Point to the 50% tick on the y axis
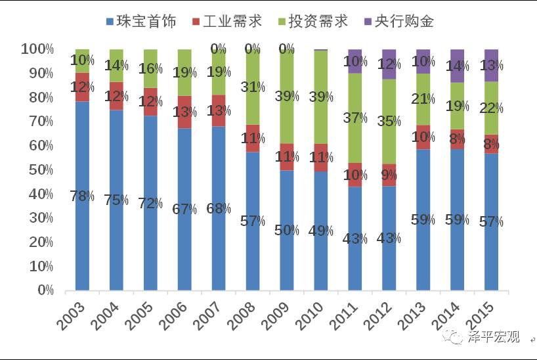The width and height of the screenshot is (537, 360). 37,169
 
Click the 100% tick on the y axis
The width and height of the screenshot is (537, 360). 34,49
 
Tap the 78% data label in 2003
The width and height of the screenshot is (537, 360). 82,196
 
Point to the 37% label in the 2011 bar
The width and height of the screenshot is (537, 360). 355,118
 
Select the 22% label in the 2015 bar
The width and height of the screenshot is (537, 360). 492,109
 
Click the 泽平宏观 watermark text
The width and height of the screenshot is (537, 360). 494,337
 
